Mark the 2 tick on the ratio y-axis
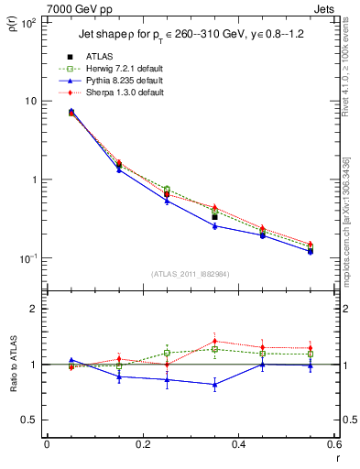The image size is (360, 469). pos(34,309)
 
